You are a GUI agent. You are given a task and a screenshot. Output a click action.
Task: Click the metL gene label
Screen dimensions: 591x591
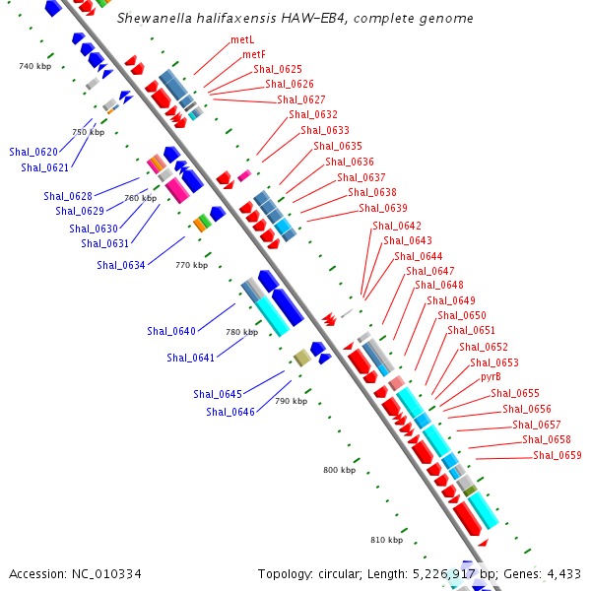(x=241, y=39)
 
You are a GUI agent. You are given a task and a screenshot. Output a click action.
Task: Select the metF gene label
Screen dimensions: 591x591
(x=253, y=54)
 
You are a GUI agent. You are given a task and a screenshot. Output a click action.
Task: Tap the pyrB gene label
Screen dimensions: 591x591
(x=491, y=377)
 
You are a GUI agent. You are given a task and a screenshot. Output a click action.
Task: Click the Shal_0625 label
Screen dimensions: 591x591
(x=278, y=69)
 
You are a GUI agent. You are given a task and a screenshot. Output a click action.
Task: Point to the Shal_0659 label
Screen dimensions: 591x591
(x=557, y=455)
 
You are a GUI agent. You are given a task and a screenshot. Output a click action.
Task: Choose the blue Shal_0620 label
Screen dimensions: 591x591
(x=33, y=152)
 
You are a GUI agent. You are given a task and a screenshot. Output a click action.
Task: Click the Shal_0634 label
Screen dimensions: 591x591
(x=121, y=265)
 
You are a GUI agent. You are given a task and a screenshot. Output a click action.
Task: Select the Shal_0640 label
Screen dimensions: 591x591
(x=171, y=331)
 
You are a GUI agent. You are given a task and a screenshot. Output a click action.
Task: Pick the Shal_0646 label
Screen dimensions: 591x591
(x=230, y=412)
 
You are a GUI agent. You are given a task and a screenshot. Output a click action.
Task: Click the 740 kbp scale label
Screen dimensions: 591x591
(x=34, y=66)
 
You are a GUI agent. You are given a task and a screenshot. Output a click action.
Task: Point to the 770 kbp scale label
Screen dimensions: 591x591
(x=191, y=265)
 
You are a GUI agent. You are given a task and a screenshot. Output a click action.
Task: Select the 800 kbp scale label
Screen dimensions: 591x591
(x=339, y=471)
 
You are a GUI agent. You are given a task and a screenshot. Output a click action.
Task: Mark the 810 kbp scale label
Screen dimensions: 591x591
(x=386, y=540)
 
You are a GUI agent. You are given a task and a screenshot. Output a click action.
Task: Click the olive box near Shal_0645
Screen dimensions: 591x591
(x=302, y=359)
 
